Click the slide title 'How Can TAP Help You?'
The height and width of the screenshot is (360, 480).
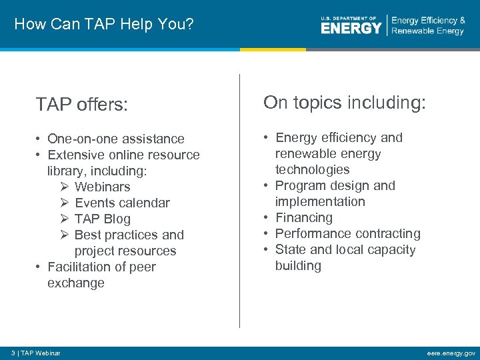[x=103, y=25]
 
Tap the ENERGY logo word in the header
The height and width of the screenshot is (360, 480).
[x=351, y=28]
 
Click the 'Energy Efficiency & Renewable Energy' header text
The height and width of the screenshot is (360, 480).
[x=428, y=25]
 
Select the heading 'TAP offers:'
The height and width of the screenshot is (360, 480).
[x=82, y=104]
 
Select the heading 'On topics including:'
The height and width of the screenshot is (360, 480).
[x=344, y=103]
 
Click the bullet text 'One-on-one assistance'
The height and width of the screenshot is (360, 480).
[x=116, y=139]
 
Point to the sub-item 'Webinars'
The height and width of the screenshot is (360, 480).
[x=102, y=187]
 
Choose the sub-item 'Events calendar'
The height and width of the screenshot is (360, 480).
[x=122, y=203]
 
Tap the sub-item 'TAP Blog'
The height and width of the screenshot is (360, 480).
[x=102, y=219]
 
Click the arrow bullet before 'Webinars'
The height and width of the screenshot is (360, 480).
[x=65, y=187]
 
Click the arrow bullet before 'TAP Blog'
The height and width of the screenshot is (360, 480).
[x=65, y=219]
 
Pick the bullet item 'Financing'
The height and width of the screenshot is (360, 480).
[x=303, y=217]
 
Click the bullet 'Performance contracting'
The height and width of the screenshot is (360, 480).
[x=347, y=233]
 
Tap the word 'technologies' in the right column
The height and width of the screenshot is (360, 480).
[x=312, y=169]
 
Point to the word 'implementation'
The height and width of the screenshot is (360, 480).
[x=320, y=201]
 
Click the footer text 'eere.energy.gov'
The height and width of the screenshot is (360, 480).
[x=451, y=353]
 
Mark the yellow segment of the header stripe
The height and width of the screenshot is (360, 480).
[x=273, y=49]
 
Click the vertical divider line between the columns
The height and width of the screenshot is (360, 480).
[x=240, y=200]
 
